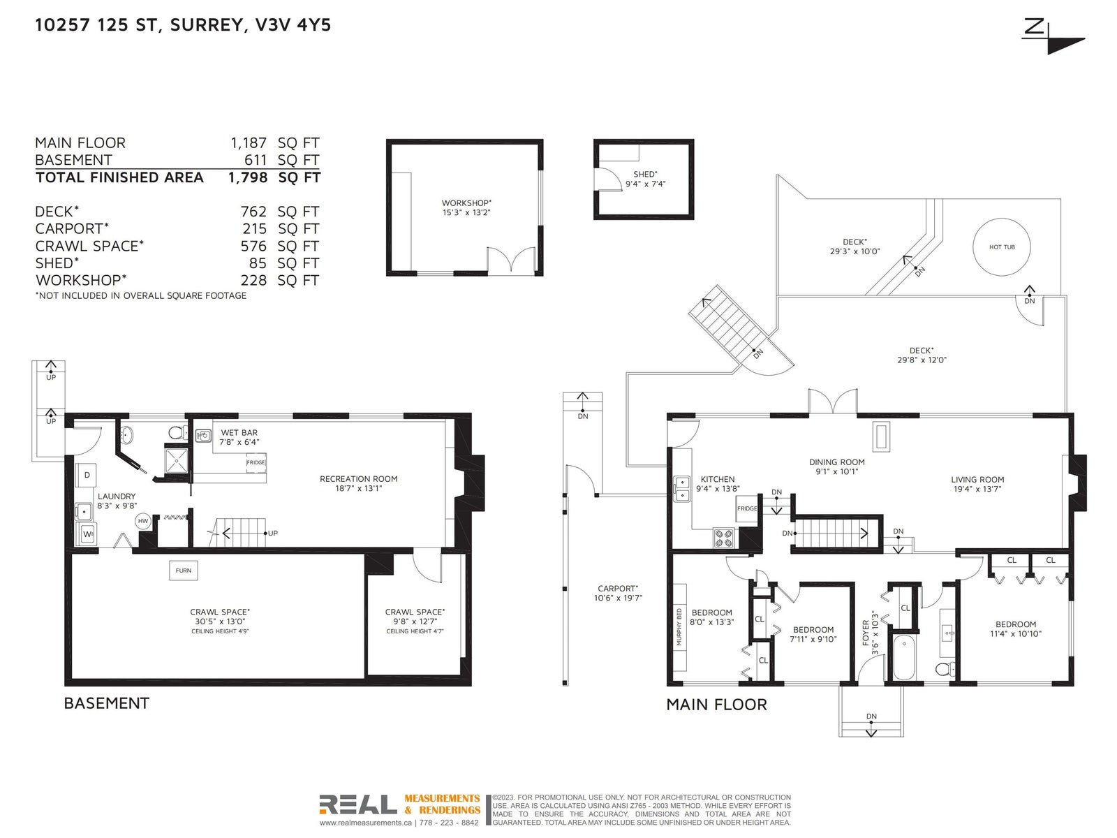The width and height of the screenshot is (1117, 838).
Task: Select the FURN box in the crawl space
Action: [x=183, y=571]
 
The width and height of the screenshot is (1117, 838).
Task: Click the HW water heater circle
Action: [x=143, y=521]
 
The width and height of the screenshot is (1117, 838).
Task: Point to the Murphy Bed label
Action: [x=679, y=627]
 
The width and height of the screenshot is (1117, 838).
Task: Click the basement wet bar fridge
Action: [x=256, y=462]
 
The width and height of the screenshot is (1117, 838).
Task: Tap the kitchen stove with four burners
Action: [x=724, y=538]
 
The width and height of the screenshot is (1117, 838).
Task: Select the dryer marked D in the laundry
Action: [x=87, y=476]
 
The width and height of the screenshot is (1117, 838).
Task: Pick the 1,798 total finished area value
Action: [x=248, y=177]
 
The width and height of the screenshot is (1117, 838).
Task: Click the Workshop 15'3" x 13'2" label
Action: [x=466, y=207]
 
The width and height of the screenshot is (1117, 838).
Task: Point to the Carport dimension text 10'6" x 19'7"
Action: [x=618, y=598]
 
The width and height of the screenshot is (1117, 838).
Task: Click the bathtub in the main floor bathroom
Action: [x=904, y=657]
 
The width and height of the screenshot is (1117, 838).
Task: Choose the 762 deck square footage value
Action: [x=253, y=212]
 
